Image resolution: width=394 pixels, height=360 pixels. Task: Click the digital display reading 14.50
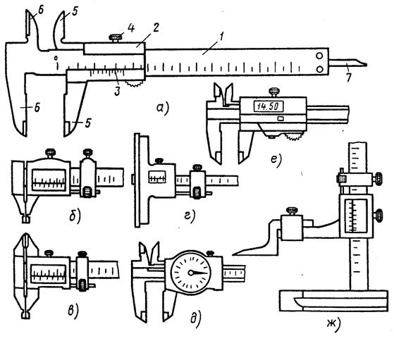tap(269, 106)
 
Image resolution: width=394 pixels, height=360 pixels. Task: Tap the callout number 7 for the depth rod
tap(348, 77)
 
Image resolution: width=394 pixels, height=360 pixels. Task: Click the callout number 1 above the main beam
tap(221, 37)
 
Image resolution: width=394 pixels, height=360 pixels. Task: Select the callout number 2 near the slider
tap(156, 27)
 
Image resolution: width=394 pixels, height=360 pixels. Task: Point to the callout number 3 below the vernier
tap(117, 91)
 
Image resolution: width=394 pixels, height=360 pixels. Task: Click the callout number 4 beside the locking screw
tap(130, 28)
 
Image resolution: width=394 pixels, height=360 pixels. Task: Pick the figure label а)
tap(163, 108)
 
